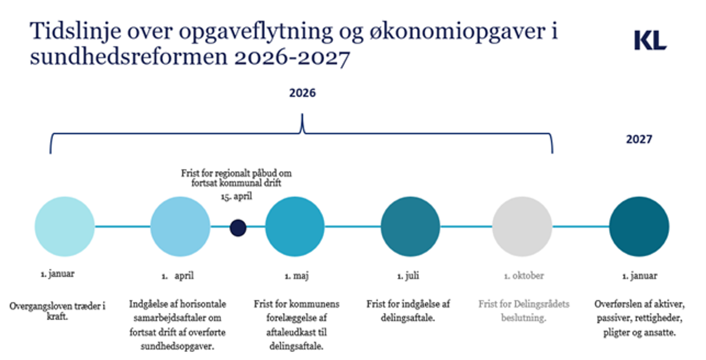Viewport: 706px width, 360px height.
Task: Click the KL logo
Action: pyautogui.click(x=650, y=40)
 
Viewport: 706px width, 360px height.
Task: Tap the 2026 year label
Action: pyautogui.click(x=302, y=93)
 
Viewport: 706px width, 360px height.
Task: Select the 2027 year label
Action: pyautogui.click(x=639, y=139)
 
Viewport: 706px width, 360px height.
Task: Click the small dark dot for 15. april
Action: pyautogui.click(x=238, y=228)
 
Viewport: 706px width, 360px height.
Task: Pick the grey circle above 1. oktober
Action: pyautogui.click(x=522, y=227)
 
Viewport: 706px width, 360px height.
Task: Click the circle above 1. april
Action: pyautogui.click(x=180, y=227)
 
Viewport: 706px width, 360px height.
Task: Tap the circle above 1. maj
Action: pyautogui.click(x=295, y=227)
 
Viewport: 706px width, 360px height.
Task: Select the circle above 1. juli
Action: pyautogui.click(x=410, y=227)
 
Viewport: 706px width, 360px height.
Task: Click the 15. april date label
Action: pyautogui.click(x=236, y=197)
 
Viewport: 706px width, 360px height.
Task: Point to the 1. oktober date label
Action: pyautogui.click(x=524, y=276)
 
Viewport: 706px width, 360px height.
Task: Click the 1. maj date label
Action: pyautogui.click(x=297, y=276)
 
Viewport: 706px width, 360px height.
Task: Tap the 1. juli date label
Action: pyautogui.click(x=408, y=276)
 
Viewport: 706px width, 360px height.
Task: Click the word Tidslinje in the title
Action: pyautogui.click(x=76, y=31)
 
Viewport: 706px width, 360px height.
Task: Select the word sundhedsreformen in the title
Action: pyautogui.click(x=129, y=57)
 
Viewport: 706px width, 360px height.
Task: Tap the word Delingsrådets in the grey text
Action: pyautogui.click(x=542, y=304)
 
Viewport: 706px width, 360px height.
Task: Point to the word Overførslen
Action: pyautogui.click(x=615, y=304)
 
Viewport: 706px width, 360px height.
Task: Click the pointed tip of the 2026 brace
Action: pyautogui.click(x=302, y=114)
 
